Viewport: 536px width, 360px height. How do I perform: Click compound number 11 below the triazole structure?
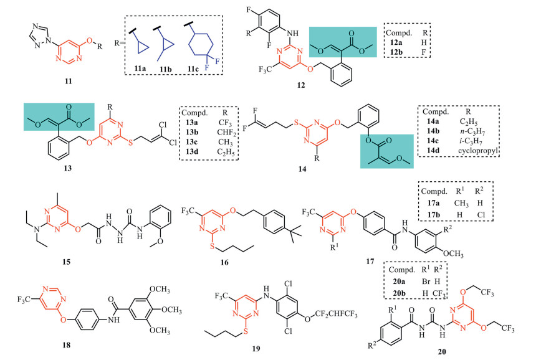pos(69,82)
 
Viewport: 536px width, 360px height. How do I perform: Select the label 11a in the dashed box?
pos(140,69)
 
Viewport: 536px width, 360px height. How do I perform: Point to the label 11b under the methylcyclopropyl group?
pos(165,69)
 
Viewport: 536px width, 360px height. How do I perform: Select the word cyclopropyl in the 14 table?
pos(478,150)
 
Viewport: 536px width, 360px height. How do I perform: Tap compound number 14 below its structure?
pos(302,169)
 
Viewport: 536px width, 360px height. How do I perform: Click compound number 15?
pos(66,262)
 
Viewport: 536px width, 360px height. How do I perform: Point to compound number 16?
pos(224,262)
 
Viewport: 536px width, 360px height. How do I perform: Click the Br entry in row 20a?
pos(426,282)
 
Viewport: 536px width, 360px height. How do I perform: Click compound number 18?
pos(66,345)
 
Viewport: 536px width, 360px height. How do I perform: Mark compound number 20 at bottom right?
pos(442,351)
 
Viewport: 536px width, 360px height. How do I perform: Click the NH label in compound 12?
pos(292,33)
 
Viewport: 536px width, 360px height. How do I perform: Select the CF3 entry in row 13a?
pos(225,123)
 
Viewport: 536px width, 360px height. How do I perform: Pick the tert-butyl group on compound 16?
pos(293,233)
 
